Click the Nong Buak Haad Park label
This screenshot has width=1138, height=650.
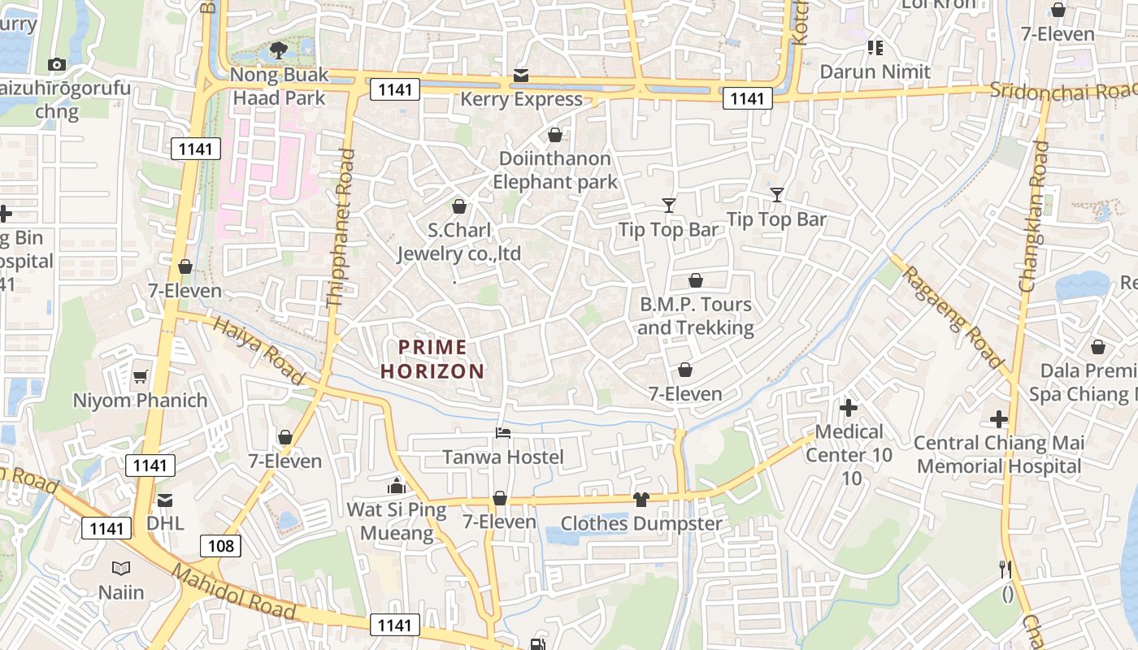279,86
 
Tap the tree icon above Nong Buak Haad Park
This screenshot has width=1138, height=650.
278,50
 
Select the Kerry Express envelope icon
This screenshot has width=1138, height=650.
521,76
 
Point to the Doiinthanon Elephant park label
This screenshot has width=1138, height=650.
555,170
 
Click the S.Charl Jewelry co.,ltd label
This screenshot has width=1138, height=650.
459,242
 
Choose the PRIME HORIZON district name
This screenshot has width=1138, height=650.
432,359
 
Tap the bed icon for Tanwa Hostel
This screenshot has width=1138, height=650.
503,434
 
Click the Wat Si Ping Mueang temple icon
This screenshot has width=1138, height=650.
397,486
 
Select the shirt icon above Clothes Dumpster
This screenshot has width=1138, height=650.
641,499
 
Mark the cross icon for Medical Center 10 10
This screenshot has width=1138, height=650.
849,407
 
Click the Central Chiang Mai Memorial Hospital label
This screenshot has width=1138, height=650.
999,454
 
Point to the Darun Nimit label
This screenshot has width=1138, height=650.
875,71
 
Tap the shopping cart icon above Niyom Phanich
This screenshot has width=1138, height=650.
141,376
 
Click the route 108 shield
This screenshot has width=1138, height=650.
221,545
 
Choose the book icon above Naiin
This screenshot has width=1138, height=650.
121,569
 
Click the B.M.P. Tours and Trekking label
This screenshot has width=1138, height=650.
695,316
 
